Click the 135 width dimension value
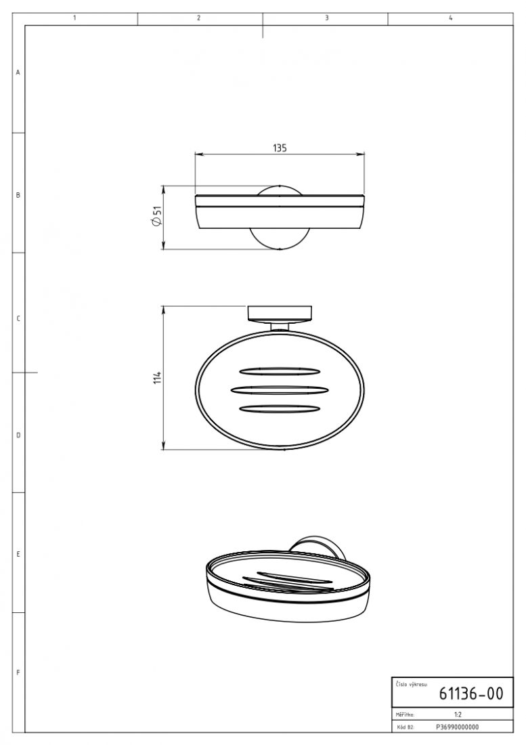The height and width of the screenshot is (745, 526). (280, 148)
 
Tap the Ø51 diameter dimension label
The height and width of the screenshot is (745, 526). (156, 217)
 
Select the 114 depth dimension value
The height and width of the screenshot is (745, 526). (158, 377)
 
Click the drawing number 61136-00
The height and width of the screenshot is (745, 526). (470, 694)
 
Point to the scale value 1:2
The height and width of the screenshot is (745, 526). (458, 714)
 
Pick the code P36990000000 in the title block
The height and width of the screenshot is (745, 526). (457, 727)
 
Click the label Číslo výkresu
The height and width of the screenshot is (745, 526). (411, 685)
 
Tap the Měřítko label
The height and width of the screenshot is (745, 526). (405, 714)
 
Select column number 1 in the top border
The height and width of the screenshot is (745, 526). (75, 18)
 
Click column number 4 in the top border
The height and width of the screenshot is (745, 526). (450, 18)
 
